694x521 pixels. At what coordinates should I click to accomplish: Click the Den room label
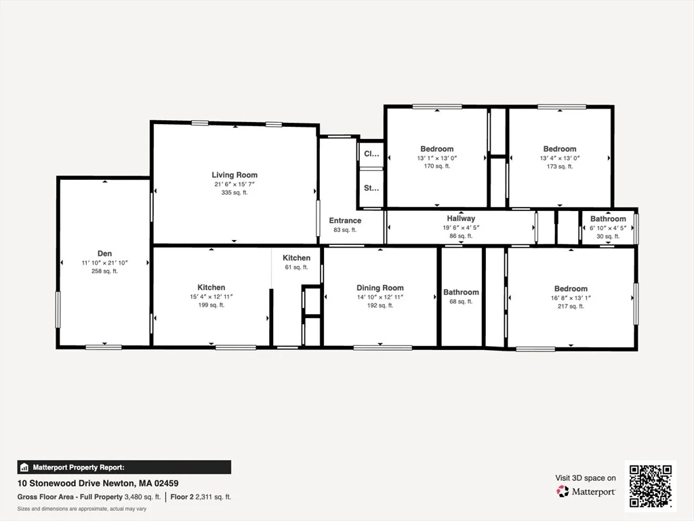[104, 252]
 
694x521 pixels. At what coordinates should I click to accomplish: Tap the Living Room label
[234, 175]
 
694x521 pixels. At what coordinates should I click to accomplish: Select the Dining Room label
[380, 288]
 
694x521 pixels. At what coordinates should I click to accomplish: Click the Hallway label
[461, 218]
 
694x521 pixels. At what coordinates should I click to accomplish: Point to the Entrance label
[345, 220]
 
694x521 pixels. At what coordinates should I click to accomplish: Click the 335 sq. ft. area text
[234, 193]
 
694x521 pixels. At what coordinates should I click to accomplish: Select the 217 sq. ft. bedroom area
[571, 307]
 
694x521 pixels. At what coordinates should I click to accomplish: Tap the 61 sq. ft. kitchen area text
[296, 267]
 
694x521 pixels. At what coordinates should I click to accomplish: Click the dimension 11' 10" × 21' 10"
[104, 263]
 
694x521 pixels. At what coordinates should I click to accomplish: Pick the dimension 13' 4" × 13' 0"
[560, 158]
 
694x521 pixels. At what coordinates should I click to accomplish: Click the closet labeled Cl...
[371, 154]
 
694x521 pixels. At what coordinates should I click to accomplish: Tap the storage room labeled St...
[371, 188]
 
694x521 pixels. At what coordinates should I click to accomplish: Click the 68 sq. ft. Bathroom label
[461, 292]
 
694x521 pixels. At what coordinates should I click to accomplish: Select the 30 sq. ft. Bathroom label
[608, 218]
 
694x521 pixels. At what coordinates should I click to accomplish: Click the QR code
[650, 485]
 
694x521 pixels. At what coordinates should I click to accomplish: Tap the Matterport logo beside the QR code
[586, 491]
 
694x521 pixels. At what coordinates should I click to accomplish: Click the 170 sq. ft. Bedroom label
[437, 149]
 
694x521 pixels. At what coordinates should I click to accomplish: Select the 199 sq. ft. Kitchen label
[211, 288]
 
